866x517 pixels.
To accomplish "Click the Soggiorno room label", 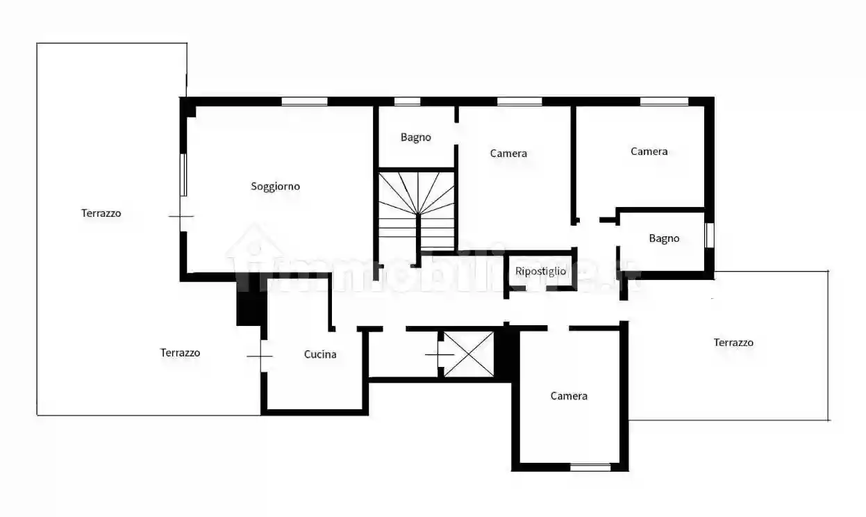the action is tap(275, 186).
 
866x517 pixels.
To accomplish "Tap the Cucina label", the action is tap(320, 354).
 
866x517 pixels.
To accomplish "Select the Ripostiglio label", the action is tap(540, 271).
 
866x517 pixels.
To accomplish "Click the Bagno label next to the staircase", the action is tap(415, 138).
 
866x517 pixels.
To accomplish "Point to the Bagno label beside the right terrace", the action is tap(664, 238).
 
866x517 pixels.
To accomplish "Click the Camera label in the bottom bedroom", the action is tap(569, 396).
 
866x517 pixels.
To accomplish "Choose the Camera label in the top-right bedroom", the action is tap(649, 151).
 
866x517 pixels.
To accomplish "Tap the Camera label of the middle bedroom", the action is tap(508, 154).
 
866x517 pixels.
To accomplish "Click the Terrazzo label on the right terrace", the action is tap(733, 343).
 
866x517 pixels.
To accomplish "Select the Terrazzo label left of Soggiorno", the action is tap(101, 213).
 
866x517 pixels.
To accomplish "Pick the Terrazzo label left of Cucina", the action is tap(180, 353).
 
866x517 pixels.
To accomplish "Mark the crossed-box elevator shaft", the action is tap(469, 354).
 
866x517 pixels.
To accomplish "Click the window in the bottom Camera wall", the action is tap(590, 468).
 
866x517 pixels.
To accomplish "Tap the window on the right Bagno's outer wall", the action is tap(710, 236).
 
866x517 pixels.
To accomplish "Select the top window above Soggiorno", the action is tap(304, 101).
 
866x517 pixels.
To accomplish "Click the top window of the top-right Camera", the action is tap(664, 101).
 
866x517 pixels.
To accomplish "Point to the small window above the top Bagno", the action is tap(407, 101).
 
